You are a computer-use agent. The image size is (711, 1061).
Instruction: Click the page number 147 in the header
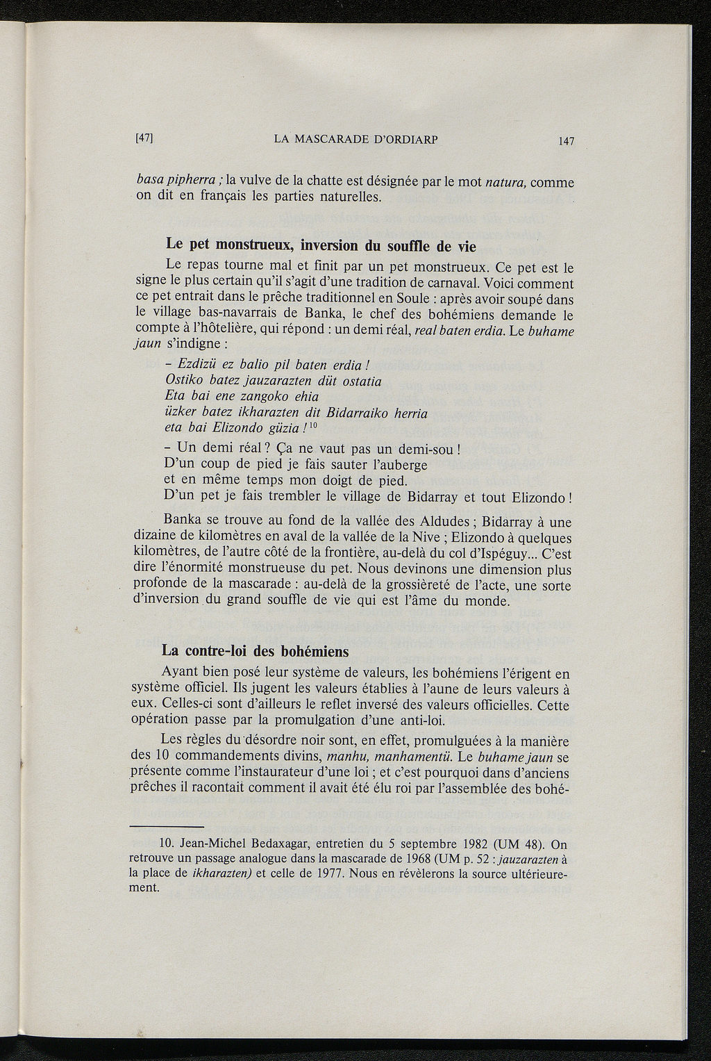tap(567, 141)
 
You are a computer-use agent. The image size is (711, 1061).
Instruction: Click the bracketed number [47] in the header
tap(144, 138)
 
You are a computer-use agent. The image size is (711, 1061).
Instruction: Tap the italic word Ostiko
tap(184, 381)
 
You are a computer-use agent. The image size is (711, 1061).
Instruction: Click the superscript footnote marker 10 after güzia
tap(313, 425)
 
